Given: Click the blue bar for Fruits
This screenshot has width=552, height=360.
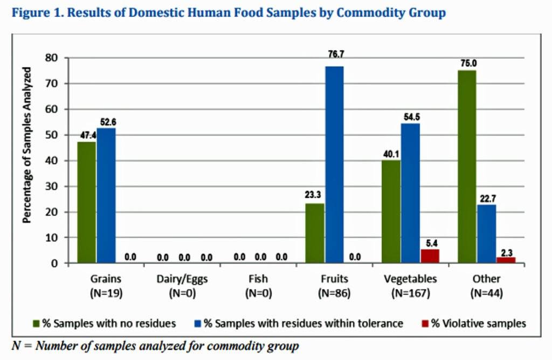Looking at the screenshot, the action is coord(334,165).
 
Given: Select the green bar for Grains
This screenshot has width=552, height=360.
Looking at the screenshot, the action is coord(87,202).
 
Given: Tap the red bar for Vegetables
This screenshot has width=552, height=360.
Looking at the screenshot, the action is coord(430,256).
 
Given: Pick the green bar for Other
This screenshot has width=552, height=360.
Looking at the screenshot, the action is coord(467,167).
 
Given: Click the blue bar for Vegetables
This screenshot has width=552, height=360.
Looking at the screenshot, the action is coord(410,193).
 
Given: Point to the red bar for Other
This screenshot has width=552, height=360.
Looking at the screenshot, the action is coord(506,260).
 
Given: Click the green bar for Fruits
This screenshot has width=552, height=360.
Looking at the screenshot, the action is coord(315,233).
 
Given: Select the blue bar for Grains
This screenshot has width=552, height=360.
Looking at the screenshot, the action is coord(106,196).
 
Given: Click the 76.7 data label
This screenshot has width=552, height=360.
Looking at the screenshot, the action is coord(336,54).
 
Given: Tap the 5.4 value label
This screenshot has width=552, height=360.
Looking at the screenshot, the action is coord(432,243).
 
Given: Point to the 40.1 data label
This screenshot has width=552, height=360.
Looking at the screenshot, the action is coord(391,154).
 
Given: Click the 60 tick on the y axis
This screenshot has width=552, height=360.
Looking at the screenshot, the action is coord(51,109).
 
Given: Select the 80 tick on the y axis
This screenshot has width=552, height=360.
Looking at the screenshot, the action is coord(51,58).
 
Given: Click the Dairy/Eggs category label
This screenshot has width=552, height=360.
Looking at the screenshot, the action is coord(182,279).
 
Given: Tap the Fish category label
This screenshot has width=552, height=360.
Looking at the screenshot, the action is coord(258,279).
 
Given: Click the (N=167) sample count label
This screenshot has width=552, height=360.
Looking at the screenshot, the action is coord(410,293).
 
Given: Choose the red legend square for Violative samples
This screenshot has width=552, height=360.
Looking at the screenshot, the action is coord(425,323).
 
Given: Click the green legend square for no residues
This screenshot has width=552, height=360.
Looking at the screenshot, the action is coord(36,323).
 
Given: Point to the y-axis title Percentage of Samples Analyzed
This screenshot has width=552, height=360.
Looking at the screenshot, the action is coord(27,145).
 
